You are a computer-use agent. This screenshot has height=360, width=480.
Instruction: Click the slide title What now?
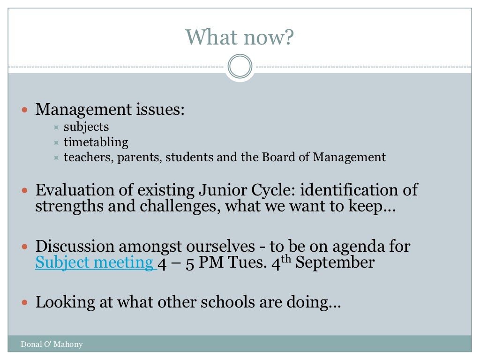point(240,37)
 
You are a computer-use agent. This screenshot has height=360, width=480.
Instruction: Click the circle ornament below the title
point(240,67)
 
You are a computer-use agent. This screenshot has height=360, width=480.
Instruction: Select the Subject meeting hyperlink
point(95,262)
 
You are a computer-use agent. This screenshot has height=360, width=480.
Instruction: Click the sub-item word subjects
point(86,127)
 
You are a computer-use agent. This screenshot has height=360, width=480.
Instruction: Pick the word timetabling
point(96,142)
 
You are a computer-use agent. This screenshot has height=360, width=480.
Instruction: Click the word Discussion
point(75,246)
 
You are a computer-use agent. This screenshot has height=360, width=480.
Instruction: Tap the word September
point(335,262)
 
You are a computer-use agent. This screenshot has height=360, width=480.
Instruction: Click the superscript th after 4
point(287,258)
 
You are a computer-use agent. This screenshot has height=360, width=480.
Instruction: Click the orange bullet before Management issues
point(25,110)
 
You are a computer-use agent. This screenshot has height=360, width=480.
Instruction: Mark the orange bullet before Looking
point(25,302)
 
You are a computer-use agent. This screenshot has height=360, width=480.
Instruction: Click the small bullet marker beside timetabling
point(56,142)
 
